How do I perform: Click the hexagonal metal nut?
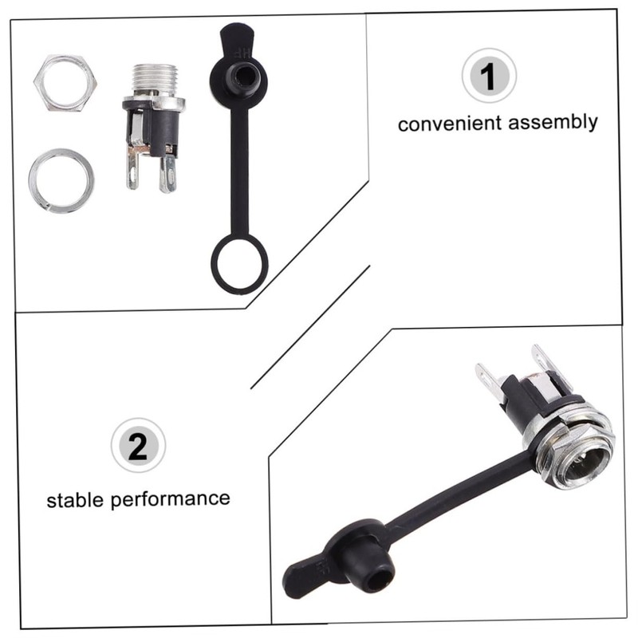point(64,81)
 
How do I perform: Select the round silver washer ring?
point(61,179)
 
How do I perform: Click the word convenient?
point(449,124)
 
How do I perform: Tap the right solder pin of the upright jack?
point(167,172)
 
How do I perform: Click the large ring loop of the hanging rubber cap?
point(239,263)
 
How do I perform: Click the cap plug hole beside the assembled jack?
point(375,571)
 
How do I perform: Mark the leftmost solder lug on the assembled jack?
point(486,383)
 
